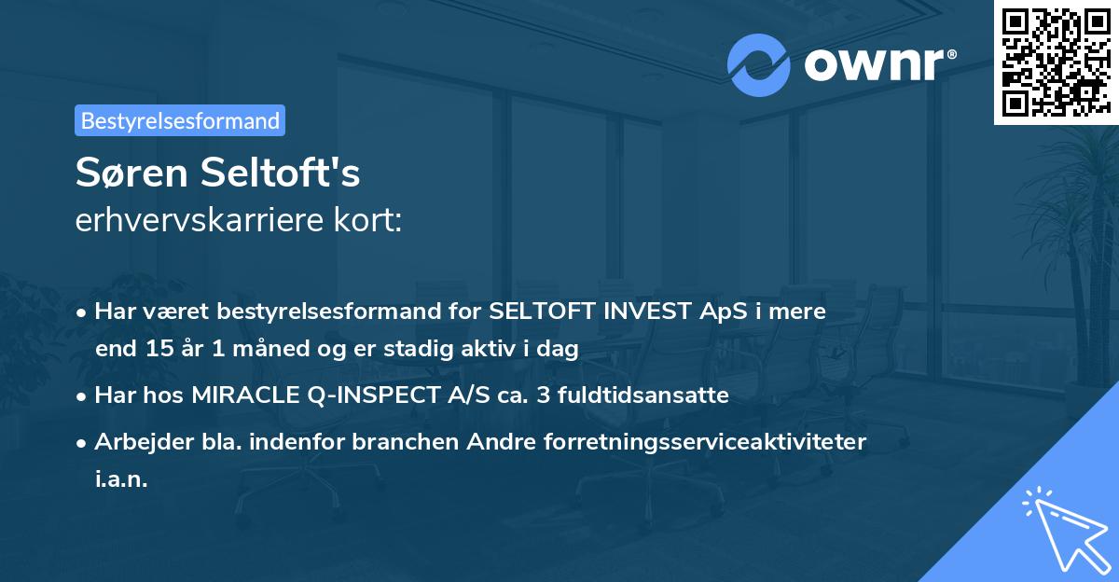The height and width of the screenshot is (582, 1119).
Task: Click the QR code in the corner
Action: [1056, 62]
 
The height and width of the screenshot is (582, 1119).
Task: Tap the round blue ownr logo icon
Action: [757, 65]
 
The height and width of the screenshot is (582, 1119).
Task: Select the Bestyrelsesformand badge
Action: [180, 120]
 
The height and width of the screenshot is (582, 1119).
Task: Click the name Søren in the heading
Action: [138, 173]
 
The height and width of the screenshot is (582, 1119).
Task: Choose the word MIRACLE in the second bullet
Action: [247, 395]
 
